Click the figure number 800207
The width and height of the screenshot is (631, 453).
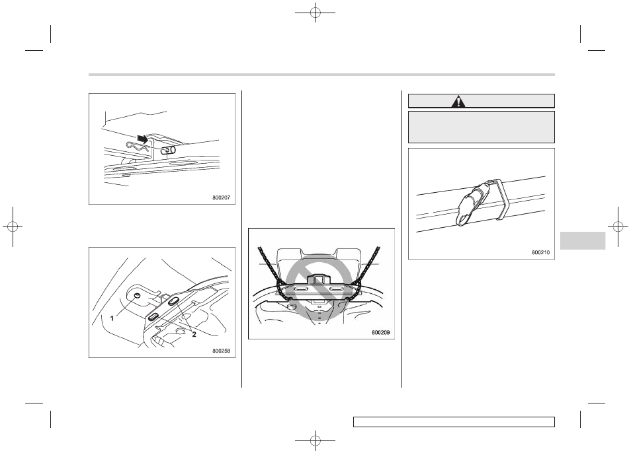click(222, 197)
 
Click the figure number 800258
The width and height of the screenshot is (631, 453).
click(222, 351)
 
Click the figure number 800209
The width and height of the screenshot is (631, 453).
click(381, 332)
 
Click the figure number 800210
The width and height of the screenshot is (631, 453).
click(540, 252)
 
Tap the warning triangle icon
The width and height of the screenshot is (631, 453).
click(458, 102)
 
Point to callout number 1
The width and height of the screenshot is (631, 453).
click(112, 318)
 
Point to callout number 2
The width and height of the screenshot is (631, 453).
click(194, 334)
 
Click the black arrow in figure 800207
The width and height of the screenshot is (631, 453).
click(142, 139)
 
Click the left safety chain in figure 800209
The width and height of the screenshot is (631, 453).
click(273, 273)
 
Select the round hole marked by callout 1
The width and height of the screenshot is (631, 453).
click(137, 296)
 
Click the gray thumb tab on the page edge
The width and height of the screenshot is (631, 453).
click(582, 240)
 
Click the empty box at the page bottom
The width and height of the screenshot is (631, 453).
click(454, 422)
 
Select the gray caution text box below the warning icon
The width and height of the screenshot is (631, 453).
click(482, 127)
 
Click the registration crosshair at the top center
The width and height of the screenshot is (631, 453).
click(315, 13)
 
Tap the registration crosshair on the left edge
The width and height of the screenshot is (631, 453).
click(13, 227)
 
